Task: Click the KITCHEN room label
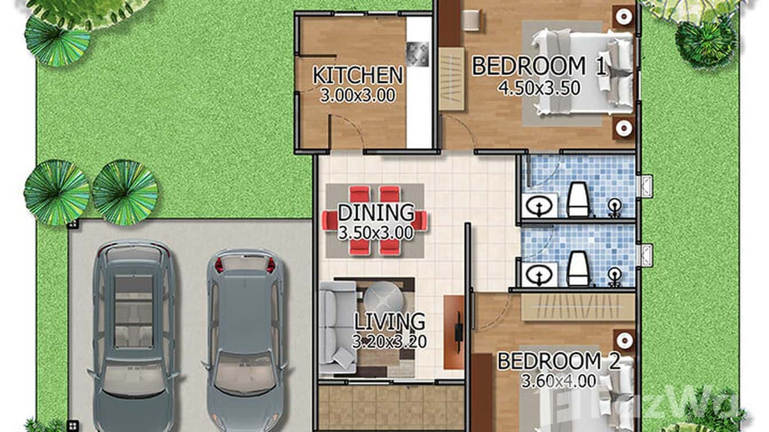(x=358, y=75)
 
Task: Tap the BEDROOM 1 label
(x=538, y=66)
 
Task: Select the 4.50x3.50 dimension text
(x=540, y=88)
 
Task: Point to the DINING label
(x=376, y=213)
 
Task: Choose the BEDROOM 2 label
(x=558, y=362)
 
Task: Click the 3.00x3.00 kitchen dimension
(x=358, y=95)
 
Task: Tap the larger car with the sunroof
(x=134, y=332)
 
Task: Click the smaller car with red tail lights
(x=244, y=338)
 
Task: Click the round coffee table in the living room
(x=384, y=299)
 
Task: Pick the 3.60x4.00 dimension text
(x=558, y=380)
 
